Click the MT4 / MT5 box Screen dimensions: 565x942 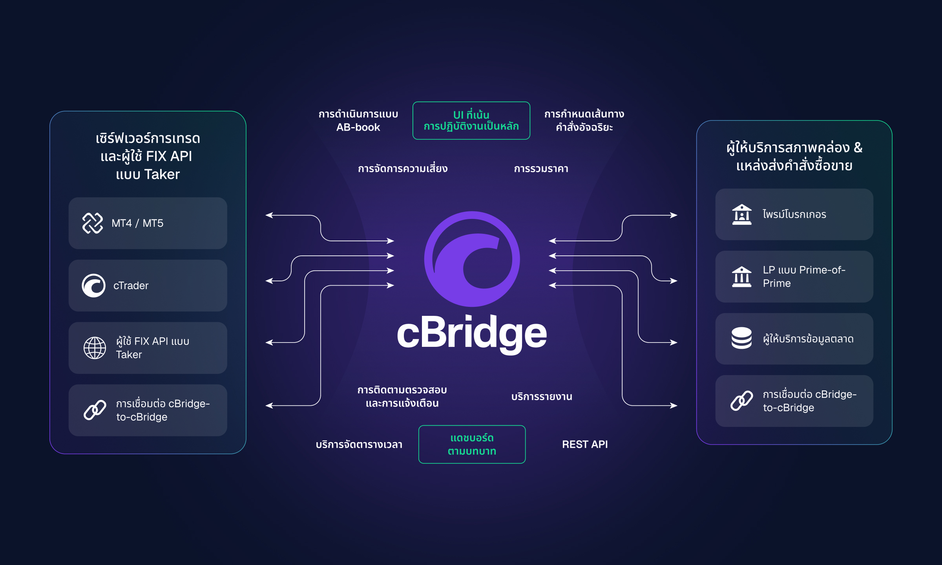148,223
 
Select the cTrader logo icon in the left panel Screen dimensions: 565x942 93,286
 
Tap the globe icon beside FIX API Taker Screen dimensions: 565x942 95,348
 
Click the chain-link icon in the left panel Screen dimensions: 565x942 95,410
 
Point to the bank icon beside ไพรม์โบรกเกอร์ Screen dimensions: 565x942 741,214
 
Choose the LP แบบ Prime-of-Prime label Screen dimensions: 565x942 803,277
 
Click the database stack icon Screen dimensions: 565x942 741,338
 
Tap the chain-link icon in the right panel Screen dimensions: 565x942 741,401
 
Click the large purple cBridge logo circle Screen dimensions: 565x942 472,259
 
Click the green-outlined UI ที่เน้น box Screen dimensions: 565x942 471,120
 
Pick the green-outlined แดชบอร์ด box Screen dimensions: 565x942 472,445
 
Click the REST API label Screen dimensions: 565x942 585,445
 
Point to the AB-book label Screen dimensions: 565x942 358,128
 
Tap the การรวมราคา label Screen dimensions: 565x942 541,169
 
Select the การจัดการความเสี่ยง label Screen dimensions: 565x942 402,169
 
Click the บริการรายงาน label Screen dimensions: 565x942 542,397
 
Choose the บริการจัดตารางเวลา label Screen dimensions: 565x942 359,445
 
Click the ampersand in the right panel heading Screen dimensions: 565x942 858,148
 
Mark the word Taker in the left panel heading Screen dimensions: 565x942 162,175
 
